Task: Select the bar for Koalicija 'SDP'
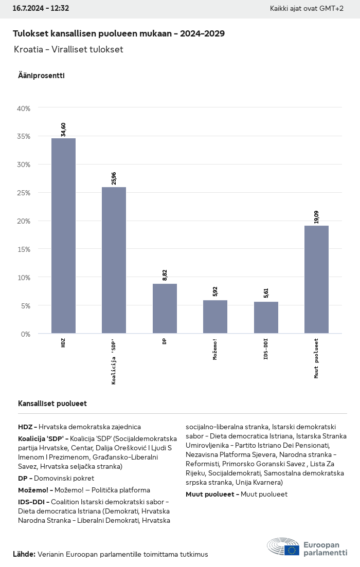point(114,260)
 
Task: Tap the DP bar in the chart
point(165,308)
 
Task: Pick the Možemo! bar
point(215,317)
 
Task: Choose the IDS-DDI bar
point(266,318)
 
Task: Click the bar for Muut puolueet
point(316,280)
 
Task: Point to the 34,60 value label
point(63,126)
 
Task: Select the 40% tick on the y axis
point(24,108)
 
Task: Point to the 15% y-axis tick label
point(24,249)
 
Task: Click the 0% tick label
point(25,334)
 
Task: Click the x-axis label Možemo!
point(215,350)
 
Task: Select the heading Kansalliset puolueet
point(52,404)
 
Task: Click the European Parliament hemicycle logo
point(283,547)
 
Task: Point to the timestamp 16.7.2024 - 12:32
point(41,8)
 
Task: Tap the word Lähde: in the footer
point(24,554)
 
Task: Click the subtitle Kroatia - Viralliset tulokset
point(69,50)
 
